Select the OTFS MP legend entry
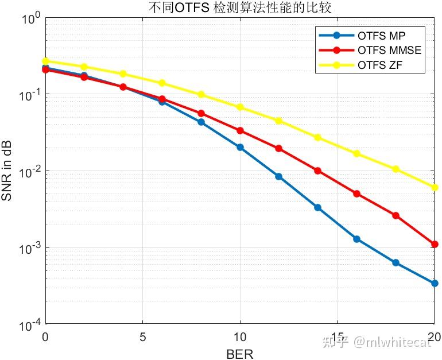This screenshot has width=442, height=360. (381, 36)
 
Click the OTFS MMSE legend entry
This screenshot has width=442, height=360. (389, 50)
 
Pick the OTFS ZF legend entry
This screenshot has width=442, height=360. (379, 64)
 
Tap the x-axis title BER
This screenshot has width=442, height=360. (240, 353)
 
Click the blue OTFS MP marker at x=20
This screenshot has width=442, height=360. (435, 283)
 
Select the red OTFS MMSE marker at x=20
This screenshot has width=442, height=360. (435, 245)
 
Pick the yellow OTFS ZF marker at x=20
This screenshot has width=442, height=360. (435, 187)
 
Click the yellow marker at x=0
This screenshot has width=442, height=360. (45, 61)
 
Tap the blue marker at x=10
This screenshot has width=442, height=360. (240, 148)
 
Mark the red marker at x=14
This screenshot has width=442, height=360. (318, 171)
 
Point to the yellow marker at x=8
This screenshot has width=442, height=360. (201, 94)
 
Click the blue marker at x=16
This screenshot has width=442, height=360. (356, 239)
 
